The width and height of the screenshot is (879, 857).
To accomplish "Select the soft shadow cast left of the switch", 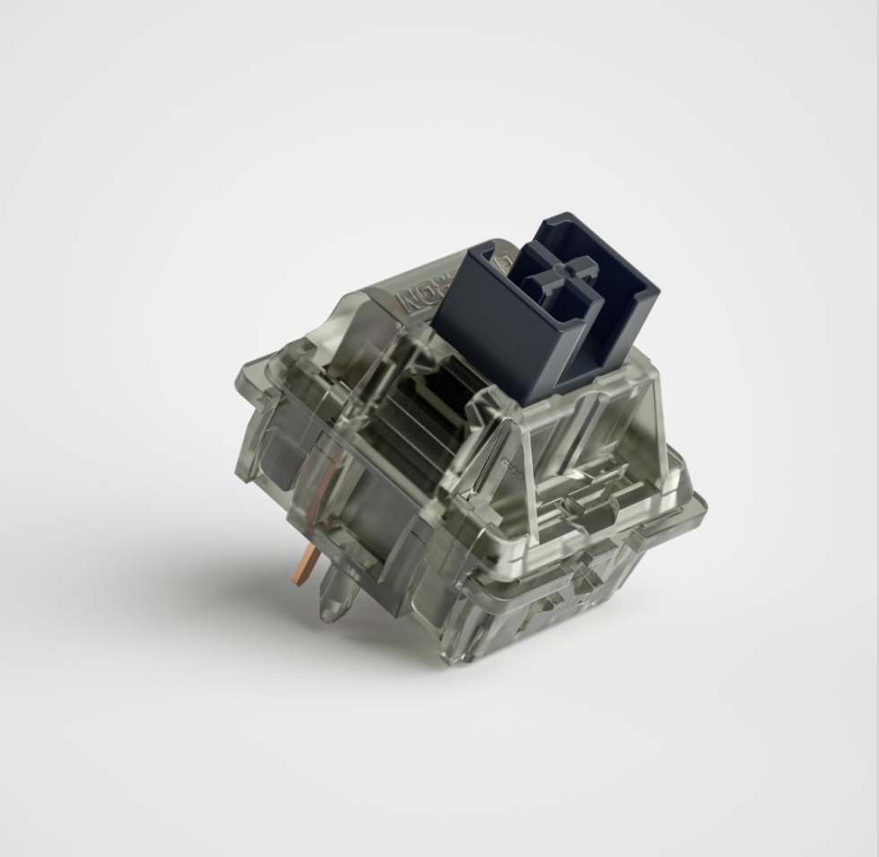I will (224, 574).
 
